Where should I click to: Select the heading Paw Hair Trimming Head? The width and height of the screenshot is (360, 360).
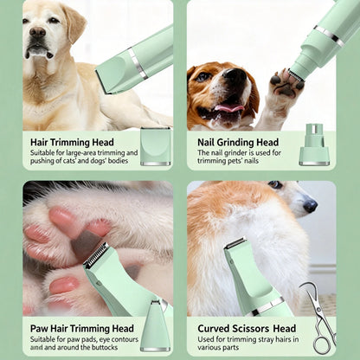81,329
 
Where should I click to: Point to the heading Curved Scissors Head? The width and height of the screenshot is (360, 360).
247,329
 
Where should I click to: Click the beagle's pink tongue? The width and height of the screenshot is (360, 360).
227,108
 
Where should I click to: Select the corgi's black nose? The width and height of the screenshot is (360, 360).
309,206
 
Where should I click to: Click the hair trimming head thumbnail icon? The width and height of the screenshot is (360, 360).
155,145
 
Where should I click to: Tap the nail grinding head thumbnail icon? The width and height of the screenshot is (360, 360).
314,148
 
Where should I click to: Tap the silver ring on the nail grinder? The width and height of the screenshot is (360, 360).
328,35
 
